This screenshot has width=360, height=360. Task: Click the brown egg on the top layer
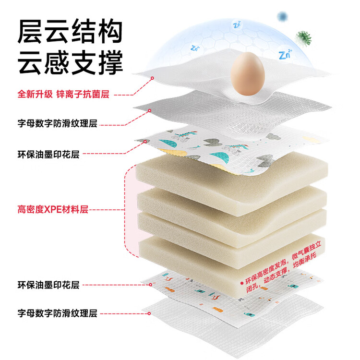point(248,74)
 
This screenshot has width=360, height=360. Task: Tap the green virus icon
point(303,38)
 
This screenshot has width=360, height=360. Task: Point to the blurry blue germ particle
point(282,17)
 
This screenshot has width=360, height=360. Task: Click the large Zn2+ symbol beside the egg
point(285,55)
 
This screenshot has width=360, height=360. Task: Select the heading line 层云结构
point(70,31)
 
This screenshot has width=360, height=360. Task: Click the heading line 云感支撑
point(70,62)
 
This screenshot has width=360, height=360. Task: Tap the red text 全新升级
point(35,94)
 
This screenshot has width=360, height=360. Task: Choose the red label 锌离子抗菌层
point(83,94)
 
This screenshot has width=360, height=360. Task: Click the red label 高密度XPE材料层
point(53,209)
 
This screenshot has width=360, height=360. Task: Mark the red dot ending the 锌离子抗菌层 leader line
point(152,78)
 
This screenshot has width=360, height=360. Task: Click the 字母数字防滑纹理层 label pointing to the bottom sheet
point(58,313)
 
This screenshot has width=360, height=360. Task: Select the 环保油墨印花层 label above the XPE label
point(48,155)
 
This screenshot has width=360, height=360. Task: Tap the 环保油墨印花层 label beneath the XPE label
point(48,285)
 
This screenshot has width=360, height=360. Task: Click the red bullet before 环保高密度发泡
point(241,283)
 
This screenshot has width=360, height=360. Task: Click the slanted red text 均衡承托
point(305,260)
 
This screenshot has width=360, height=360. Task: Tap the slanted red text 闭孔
point(253,288)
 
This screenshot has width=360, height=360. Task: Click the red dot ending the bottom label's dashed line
point(149,313)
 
